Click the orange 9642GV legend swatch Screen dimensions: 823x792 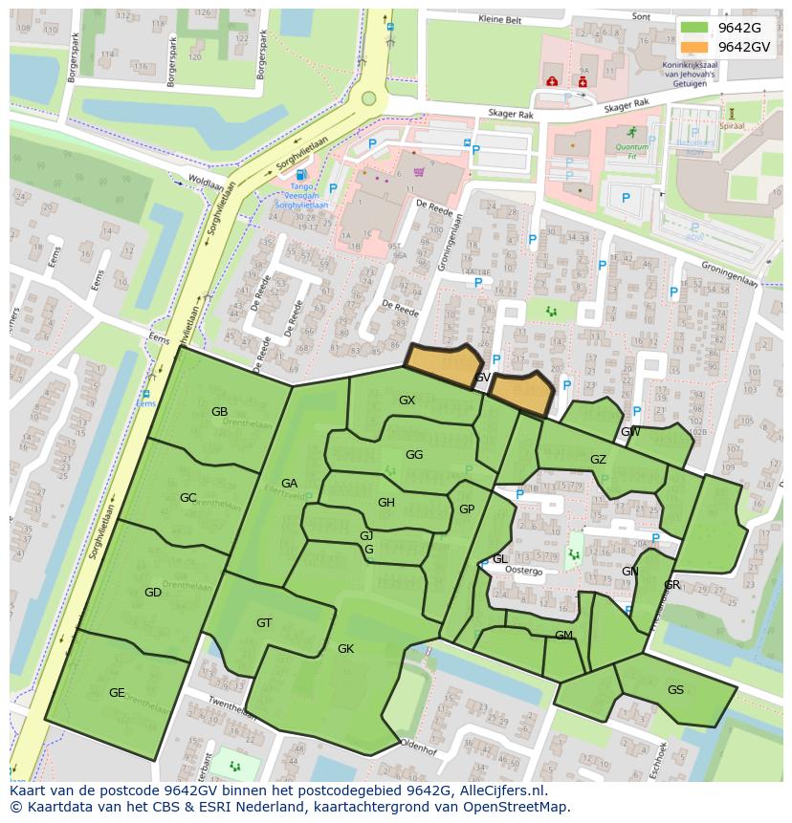[x=694, y=47]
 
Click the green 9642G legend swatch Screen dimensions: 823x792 [x=694, y=28]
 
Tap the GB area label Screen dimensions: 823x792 [x=219, y=412]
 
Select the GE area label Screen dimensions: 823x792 [x=117, y=693]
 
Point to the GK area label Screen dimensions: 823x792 [x=345, y=649]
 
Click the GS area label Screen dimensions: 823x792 [x=675, y=690]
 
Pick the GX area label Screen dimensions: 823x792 [x=407, y=401]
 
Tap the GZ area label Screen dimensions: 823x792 [x=598, y=460]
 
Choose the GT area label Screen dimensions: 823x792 [x=264, y=623]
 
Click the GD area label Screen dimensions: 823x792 [x=153, y=593]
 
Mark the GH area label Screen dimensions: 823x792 [x=385, y=503]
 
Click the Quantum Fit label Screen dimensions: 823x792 [x=631, y=146]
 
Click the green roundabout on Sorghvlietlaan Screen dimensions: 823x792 [x=369, y=98]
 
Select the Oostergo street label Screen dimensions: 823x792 [x=523, y=571]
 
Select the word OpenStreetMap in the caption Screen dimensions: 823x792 [x=514, y=807]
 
